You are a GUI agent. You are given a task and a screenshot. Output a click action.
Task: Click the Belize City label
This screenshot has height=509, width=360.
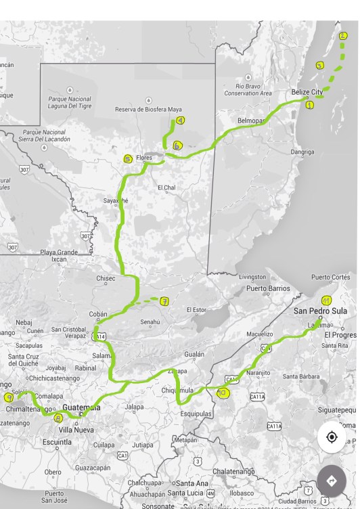[307, 92]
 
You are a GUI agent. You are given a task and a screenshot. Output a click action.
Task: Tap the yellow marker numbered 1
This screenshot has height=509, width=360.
[310, 105]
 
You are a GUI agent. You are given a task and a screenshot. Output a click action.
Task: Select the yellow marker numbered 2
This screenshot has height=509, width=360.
[343, 36]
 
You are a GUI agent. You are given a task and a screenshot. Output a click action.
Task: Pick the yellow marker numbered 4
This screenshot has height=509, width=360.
[180, 120]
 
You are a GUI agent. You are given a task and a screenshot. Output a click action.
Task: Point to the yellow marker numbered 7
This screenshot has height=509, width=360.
[164, 301]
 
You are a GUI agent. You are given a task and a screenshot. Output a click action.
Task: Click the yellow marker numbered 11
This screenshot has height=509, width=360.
[327, 301]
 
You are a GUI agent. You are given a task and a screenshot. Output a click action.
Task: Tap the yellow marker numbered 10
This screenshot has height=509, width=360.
[223, 393]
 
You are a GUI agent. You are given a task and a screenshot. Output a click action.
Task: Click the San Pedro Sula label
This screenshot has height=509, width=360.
[320, 311]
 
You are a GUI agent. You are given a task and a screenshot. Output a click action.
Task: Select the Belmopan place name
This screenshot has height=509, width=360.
[250, 120]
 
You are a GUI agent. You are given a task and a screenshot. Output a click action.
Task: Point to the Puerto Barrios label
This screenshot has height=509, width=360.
[268, 288]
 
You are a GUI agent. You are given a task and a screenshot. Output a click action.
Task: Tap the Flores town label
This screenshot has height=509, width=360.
[144, 158]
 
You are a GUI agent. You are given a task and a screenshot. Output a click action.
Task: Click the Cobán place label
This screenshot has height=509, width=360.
[98, 314]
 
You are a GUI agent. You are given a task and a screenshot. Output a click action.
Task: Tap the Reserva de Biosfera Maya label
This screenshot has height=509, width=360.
[148, 109]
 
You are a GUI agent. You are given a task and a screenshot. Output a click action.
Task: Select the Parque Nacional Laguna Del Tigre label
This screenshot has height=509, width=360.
[70, 102]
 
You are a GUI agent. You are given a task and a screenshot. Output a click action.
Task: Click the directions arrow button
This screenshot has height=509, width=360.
[332, 481]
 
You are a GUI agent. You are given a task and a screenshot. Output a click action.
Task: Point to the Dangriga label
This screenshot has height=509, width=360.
[302, 152]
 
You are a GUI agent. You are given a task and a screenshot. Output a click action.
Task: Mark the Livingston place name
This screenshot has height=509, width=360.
[252, 277]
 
